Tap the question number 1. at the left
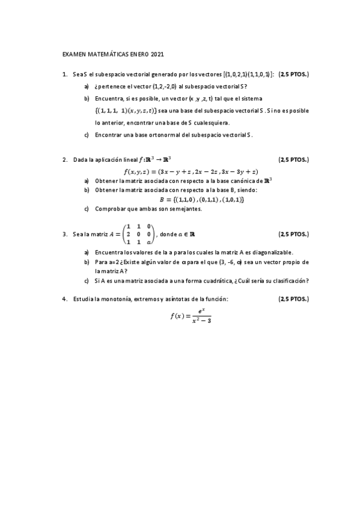pyautogui.click(x=65, y=75)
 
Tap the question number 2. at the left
pyautogui.click(x=65, y=160)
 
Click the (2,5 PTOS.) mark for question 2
pyautogui.click(x=293, y=160)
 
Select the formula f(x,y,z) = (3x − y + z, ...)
pyautogui.click(x=191, y=171)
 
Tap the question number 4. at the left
pyautogui.click(x=65, y=299)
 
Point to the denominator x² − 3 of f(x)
pyautogui.click(x=199, y=321)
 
